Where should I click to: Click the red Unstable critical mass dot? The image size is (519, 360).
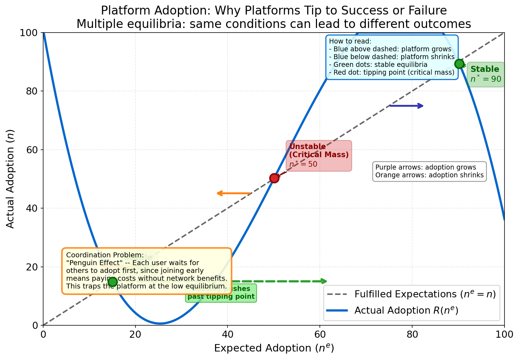[274, 178]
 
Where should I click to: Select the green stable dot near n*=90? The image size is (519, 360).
[459, 64]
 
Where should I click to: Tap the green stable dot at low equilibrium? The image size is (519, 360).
[113, 282]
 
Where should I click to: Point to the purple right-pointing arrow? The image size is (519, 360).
[406, 106]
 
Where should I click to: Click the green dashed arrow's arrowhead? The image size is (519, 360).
[324, 281]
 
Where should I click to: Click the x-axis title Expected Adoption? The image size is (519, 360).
[274, 348]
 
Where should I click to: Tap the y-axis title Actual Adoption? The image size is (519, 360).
[11, 179]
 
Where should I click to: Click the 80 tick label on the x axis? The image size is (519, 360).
[412, 334]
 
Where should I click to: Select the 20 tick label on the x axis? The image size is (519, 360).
[135, 334]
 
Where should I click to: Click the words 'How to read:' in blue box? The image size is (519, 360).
[350, 41]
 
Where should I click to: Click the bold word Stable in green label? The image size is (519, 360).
[485, 69]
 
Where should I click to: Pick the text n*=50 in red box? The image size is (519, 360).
[303, 164]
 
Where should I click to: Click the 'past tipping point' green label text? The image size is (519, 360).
[221, 297]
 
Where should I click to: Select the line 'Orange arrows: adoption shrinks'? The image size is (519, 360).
[429, 175]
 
